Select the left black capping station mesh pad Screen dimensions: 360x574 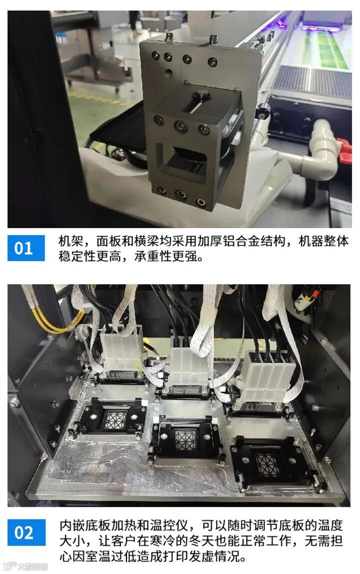(x=115, y=419)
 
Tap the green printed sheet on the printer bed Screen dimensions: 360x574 (x=322, y=50)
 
